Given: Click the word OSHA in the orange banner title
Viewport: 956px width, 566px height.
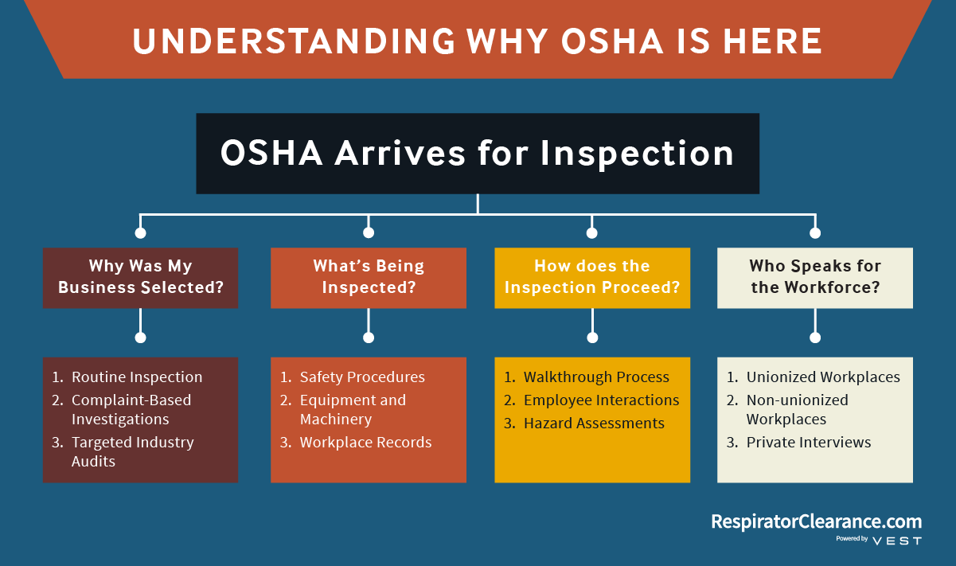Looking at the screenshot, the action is pos(612,41).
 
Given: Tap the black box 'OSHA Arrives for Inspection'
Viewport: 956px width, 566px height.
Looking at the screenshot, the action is pos(478,154).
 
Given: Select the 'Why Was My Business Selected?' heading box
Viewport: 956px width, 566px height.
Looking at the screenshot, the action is pos(140,278).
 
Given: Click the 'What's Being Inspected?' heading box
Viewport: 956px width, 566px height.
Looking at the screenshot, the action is pos(369,278).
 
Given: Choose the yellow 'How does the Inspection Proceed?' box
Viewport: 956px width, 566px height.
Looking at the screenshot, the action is pos(592,278).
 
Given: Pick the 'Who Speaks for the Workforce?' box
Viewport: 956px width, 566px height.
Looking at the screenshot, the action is pos(815,278).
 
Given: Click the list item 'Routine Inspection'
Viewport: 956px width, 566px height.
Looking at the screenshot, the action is pos(137,377).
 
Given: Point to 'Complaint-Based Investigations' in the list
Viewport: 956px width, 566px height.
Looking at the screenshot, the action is pos(131,409).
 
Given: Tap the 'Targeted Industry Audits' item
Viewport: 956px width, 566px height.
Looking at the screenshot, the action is pos(133,451).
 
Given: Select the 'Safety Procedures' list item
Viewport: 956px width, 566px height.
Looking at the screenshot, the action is pos(362,377).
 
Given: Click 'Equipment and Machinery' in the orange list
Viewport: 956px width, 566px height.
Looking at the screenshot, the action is pos(353,409).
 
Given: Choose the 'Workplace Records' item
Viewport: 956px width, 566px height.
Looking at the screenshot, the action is pos(365,443).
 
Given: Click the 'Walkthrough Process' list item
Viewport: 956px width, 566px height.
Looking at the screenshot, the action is pos(596,377).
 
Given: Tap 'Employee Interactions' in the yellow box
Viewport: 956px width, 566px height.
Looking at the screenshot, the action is pos(601,400).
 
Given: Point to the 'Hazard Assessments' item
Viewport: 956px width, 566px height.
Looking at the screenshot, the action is pos(594,423).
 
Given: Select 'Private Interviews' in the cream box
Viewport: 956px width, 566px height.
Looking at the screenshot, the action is pos(808,443).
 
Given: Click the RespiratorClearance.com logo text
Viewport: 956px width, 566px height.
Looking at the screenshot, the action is pos(817,521).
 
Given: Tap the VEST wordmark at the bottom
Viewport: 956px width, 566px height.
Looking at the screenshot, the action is pos(897,541).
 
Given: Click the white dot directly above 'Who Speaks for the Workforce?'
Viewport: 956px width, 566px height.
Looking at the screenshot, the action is pos(815,232).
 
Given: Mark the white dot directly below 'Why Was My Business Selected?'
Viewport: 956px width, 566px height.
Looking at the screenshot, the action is pos(140,338).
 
